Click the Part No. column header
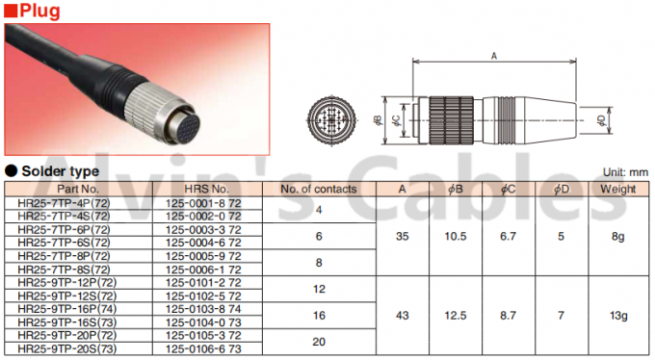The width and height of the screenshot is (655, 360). [x=78, y=189]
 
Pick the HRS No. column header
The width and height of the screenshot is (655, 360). [x=205, y=189]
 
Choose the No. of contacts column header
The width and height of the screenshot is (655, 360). [x=319, y=189]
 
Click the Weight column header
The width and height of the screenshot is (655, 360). [x=618, y=189]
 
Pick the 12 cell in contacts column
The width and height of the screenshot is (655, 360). [x=319, y=288]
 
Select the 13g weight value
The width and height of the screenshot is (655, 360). [x=618, y=315]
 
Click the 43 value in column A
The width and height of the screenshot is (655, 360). [x=402, y=315]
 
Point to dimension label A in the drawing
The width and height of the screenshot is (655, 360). [x=493, y=57]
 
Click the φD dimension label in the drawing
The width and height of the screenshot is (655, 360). [x=600, y=120]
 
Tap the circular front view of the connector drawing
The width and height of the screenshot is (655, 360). [x=333, y=121]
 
